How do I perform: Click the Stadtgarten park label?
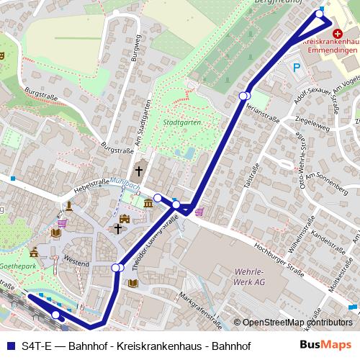point(181,122)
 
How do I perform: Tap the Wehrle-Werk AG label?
point(249,277)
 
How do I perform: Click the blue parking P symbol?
point(297,68)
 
